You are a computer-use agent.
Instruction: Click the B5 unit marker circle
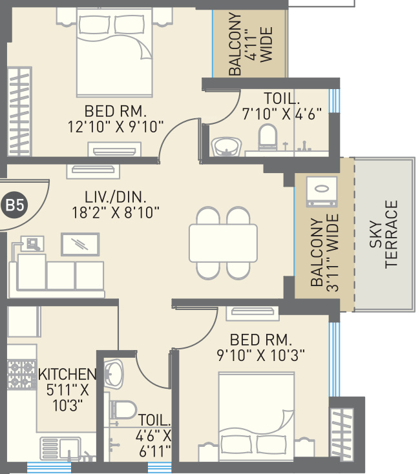pos(14,205)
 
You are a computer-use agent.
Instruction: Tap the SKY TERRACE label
pos(383,234)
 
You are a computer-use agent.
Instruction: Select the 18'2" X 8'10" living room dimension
pos(116,212)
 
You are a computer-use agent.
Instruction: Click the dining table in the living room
pos(223,243)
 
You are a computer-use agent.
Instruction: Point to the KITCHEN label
pos(67,375)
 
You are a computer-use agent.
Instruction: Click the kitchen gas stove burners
pos(22,375)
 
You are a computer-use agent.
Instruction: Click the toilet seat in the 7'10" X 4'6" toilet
pos(268,138)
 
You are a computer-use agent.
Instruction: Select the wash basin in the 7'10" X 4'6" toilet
pos(227,147)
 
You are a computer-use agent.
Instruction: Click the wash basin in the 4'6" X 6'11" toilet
pos(113,374)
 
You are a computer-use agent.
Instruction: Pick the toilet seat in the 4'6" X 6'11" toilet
pos(123,410)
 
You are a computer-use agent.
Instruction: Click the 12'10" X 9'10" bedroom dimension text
pos(116,127)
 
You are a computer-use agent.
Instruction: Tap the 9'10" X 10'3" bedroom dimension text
pos(260,355)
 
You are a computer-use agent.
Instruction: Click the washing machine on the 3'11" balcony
pos(322,192)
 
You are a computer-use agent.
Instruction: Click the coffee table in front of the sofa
pos(80,244)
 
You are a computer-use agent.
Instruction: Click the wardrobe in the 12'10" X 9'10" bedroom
pos(19,112)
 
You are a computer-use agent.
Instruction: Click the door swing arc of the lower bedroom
pos(205,338)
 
